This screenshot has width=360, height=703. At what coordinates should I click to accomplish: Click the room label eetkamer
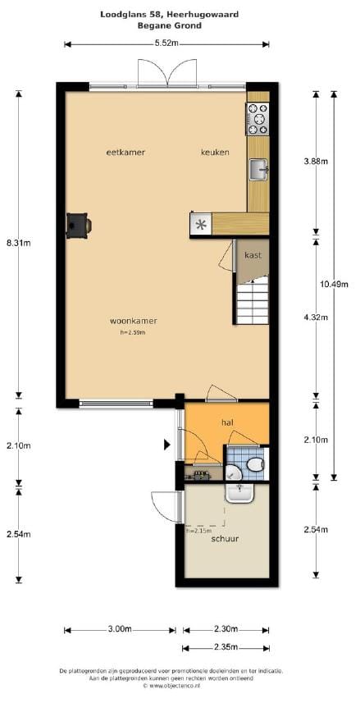click(120, 153)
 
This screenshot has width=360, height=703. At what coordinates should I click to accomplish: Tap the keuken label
click(216, 153)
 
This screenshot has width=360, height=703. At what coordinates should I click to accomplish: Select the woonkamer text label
click(133, 321)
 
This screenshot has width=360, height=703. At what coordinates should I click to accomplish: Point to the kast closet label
click(253, 256)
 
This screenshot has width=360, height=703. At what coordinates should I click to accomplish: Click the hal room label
click(228, 422)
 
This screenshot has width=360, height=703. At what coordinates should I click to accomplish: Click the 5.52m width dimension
click(167, 43)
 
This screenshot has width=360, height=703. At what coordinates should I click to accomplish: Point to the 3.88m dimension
click(316, 162)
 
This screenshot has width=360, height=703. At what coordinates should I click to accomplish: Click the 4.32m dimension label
click(316, 317)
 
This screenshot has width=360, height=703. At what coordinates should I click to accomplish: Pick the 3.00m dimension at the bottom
click(120, 629)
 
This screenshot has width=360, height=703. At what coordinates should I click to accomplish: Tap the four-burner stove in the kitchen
click(257, 120)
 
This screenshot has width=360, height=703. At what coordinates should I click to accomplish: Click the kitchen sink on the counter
click(259, 170)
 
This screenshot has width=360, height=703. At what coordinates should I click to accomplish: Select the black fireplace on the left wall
click(79, 224)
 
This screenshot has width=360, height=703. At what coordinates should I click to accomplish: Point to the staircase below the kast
click(251, 299)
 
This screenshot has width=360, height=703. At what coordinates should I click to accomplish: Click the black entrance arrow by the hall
click(168, 445)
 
